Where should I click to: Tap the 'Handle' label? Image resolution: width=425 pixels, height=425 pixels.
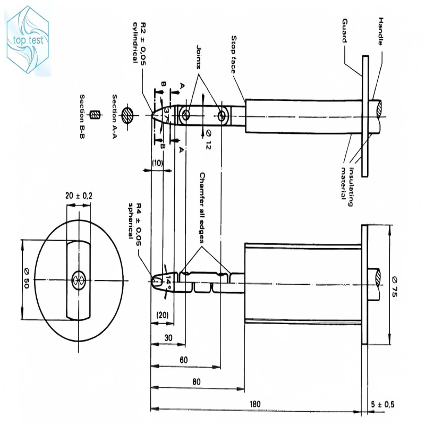[380, 31]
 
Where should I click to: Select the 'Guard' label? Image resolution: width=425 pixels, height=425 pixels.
[345, 31]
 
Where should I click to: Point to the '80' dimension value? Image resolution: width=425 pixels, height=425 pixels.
[197, 381]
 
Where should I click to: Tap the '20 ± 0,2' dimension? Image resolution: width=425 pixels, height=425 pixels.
[79, 195]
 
